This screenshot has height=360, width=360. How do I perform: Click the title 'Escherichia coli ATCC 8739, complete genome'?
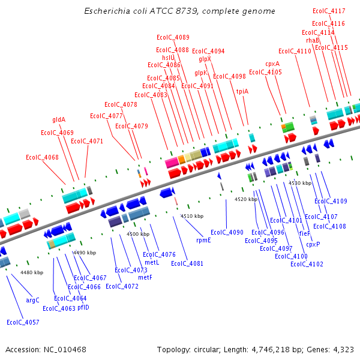pyautogui.click(x=180, y=11)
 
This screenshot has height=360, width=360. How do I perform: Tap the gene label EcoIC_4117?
pyautogui.click(x=329, y=11)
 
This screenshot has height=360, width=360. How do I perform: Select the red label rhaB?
pyautogui.click(x=313, y=40)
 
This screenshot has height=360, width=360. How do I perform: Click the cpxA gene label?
pyautogui.click(x=272, y=64)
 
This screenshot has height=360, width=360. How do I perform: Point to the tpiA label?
pyautogui.click(x=242, y=91)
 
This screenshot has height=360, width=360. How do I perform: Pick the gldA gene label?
pyautogui.click(x=59, y=119)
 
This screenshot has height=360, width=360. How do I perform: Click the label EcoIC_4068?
pyautogui.click(x=42, y=157)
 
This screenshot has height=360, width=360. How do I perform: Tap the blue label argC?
pyautogui.click(x=33, y=300)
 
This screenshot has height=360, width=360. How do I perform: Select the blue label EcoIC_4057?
pyautogui.click(x=23, y=322)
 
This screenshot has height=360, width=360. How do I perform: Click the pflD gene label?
pyautogui.click(x=83, y=307)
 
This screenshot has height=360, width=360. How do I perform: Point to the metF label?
pyautogui.click(x=145, y=277)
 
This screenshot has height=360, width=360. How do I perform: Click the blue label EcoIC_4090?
pyautogui.click(x=227, y=232)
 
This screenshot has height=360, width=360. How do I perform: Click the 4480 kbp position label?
pyautogui.click(x=32, y=272)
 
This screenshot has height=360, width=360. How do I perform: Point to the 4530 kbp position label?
pyautogui.click(x=300, y=183)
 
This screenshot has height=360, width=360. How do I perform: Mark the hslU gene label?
pyautogui.click(x=168, y=58)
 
